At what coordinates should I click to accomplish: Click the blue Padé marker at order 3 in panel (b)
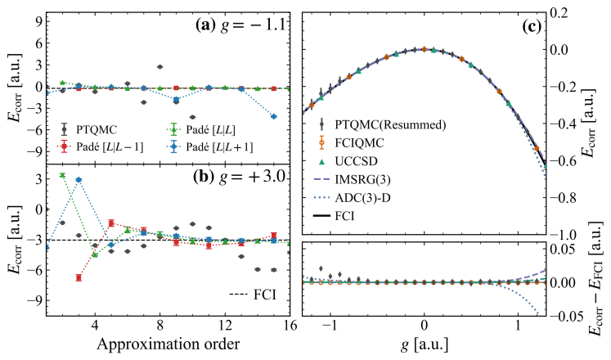point(79,180)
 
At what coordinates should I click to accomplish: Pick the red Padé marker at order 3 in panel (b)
point(79,278)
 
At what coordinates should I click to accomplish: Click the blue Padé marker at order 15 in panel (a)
point(273,116)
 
